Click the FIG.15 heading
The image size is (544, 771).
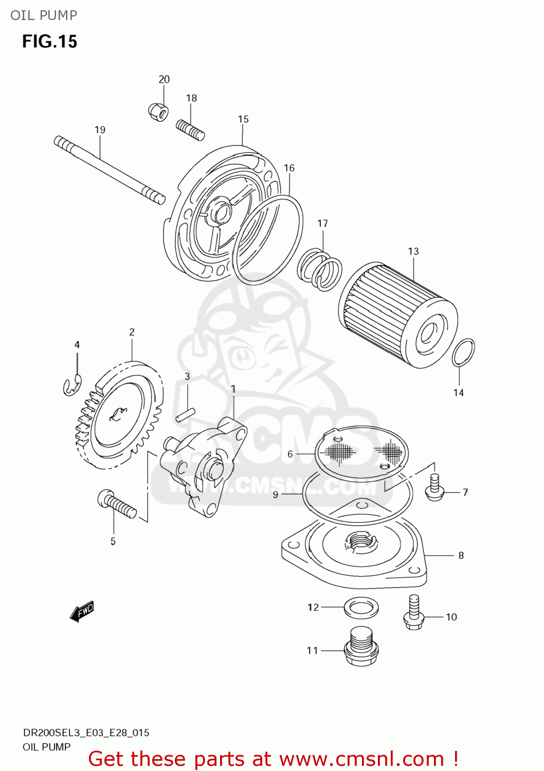point(49,42)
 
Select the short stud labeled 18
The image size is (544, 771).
point(190,130)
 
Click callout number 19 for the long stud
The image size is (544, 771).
point(100,130)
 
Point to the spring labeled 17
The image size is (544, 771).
point(320,269)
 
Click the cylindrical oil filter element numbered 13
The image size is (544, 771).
point(397,315)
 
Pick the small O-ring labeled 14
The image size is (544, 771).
point(463,353)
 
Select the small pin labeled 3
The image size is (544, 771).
point(185,415)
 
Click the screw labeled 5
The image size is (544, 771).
point(117,504)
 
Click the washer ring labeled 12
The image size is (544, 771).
point(361,608)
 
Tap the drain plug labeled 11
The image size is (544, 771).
point(362,647)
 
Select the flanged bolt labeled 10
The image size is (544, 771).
point(414,613)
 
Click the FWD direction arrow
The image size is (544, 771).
point(82,612)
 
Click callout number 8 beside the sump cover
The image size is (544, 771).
point(461,556)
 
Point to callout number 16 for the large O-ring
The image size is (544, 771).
point(289,168)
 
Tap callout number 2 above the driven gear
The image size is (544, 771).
point(132,332)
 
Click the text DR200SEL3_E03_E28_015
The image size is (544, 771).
point(86,732)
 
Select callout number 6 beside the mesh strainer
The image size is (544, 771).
point(290,454)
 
